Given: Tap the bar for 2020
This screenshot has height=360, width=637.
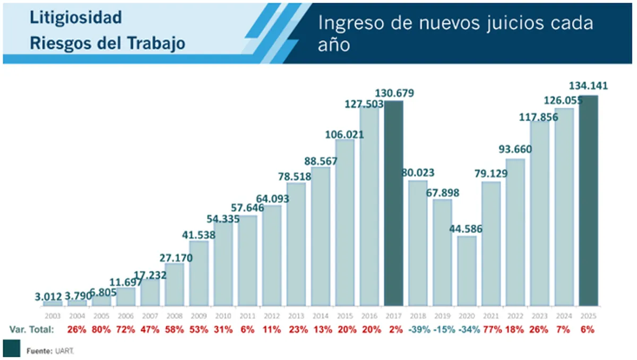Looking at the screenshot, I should click(467, 271).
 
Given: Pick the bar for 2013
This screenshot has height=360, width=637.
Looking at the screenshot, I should click(296, 244).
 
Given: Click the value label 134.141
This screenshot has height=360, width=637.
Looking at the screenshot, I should click(588, 86).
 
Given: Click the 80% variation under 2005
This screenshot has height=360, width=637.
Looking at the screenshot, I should click(101, 330).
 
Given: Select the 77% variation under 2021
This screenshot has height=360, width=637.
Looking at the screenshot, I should click(491, 330).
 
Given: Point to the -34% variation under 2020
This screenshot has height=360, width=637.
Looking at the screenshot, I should click(467, 330).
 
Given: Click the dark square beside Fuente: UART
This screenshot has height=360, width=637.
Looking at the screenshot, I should click(11, 348).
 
